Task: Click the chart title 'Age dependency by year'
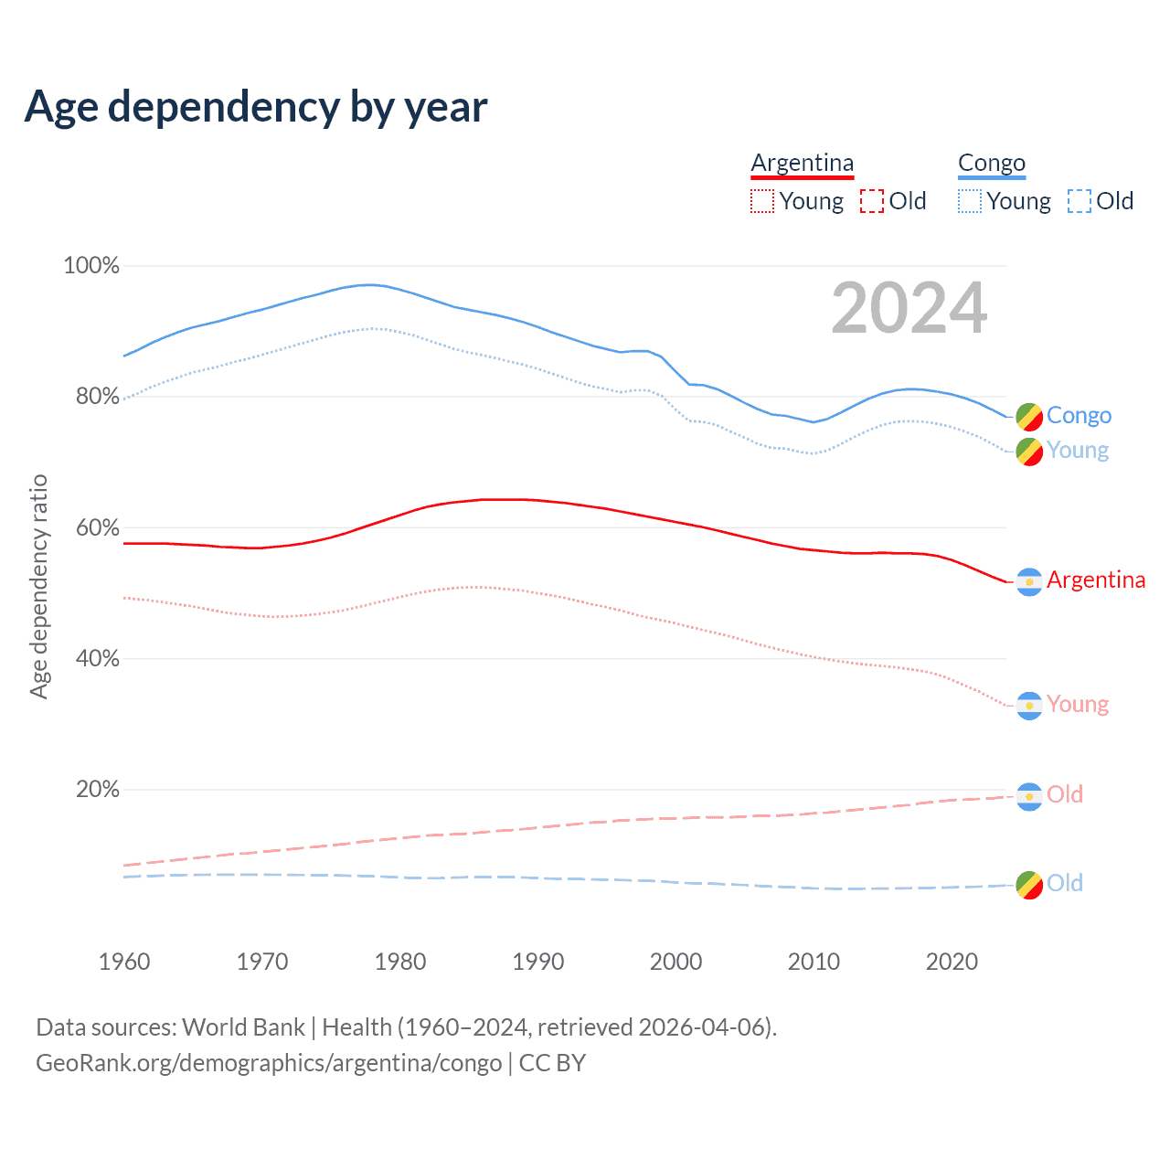point(256,107)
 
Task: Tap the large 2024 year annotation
point(909,308)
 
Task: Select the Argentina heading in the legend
point(802,164)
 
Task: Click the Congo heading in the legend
point(992,164)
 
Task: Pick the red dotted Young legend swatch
point(762,201)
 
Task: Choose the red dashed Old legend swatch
point(872,201)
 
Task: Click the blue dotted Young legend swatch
point(970,201)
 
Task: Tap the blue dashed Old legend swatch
point(1080,201)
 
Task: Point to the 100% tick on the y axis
point(91,266)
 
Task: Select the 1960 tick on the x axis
point(124,962)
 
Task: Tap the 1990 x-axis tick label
point(538,962)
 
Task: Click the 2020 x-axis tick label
point(952,962)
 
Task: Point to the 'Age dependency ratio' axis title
point(38,586)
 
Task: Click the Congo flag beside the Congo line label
point(1029,416)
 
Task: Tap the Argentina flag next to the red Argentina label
point(1029,582)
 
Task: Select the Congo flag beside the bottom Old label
point(1029,885)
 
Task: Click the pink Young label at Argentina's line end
point(1078,704)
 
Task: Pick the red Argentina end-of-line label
point(1096,580)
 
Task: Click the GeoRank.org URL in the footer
point(269,1063)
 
